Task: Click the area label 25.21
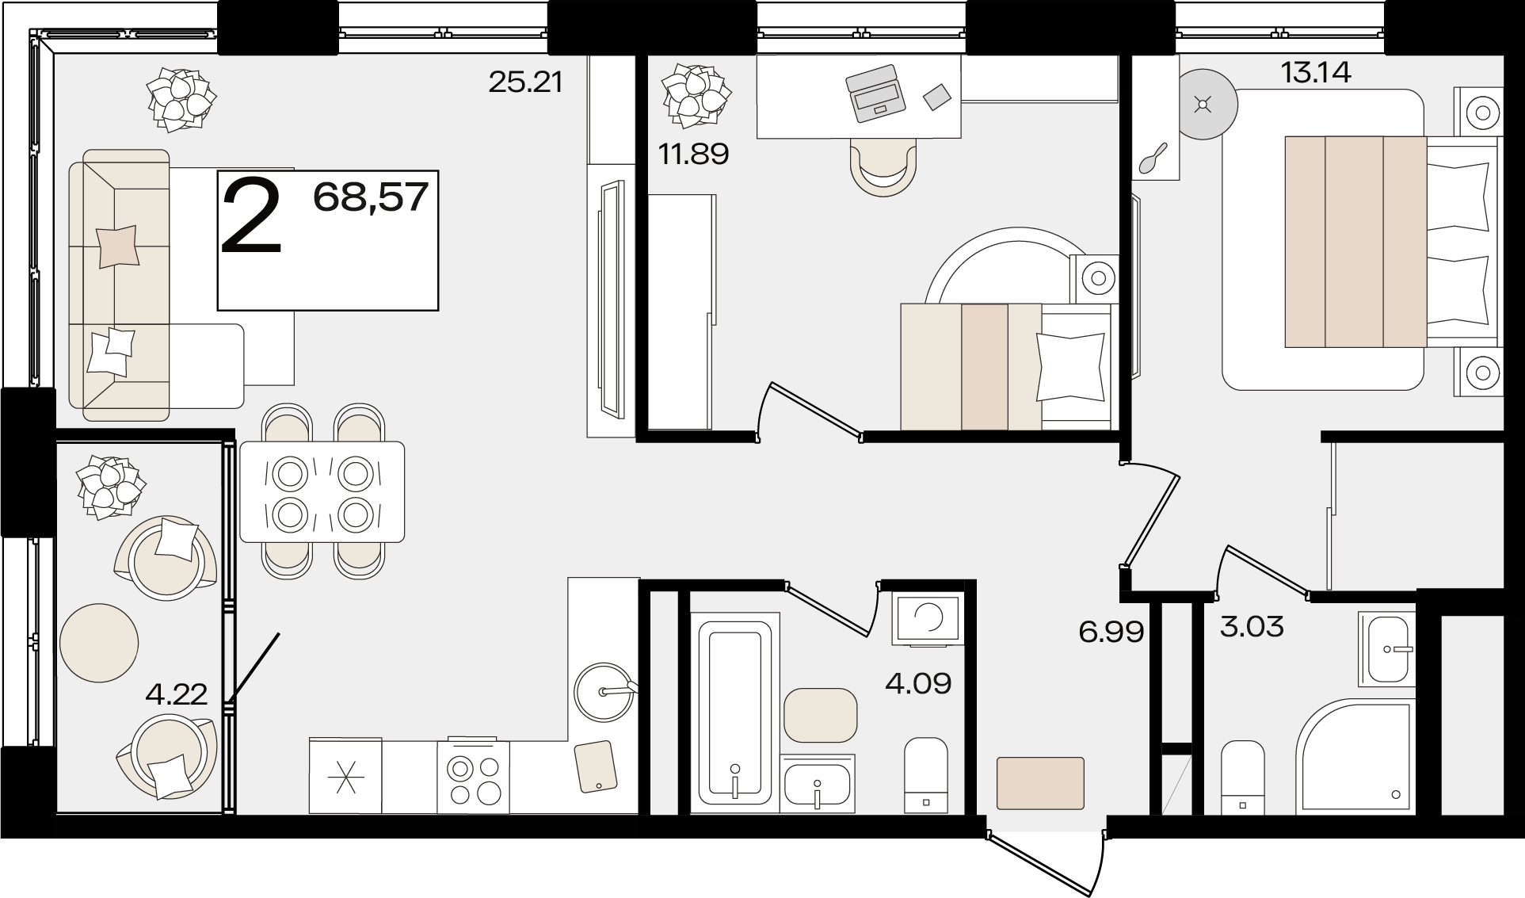click(525, 81)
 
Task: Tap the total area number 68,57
click(371, 197)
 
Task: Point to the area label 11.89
click(693, 153)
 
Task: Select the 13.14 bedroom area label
click(1316, 73)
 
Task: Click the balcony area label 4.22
click(177, 694)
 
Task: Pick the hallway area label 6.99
click(1111, 632)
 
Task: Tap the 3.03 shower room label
click(1252, 627)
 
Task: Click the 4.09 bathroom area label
click(918, 683)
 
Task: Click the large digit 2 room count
click(251, 216)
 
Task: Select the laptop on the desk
click(875, 93)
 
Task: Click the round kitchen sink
click(604, 692)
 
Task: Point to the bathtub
click(735, 713)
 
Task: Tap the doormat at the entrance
click(1040, 783)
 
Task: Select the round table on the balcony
click(99, 642)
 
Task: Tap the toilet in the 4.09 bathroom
click(926, 775)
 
